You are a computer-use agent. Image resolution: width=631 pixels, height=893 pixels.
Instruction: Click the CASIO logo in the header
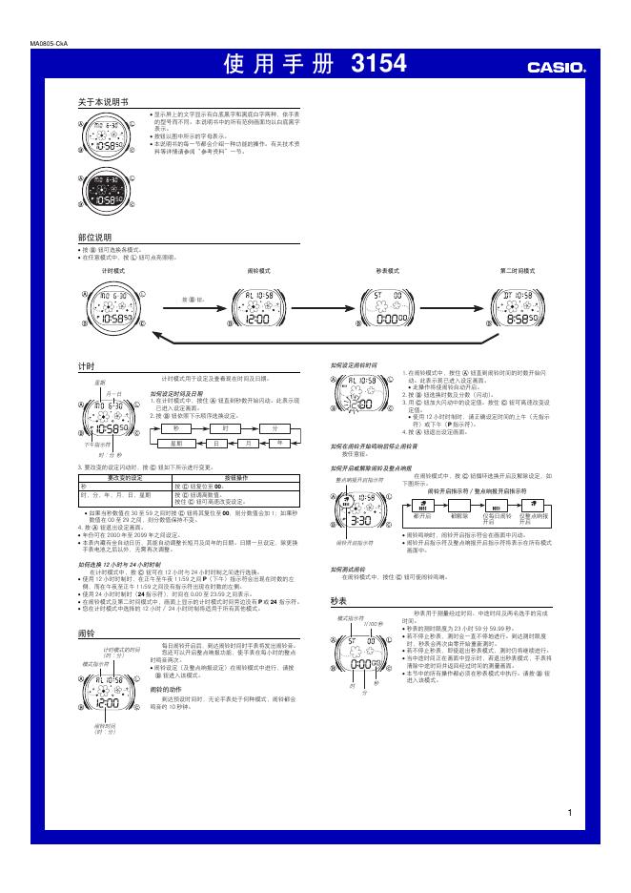tap(558, 68)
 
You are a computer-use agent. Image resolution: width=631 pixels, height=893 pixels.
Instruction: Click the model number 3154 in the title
tap(378, 65)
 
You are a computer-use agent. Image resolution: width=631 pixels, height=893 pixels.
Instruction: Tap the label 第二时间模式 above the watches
tap(519, 271)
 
